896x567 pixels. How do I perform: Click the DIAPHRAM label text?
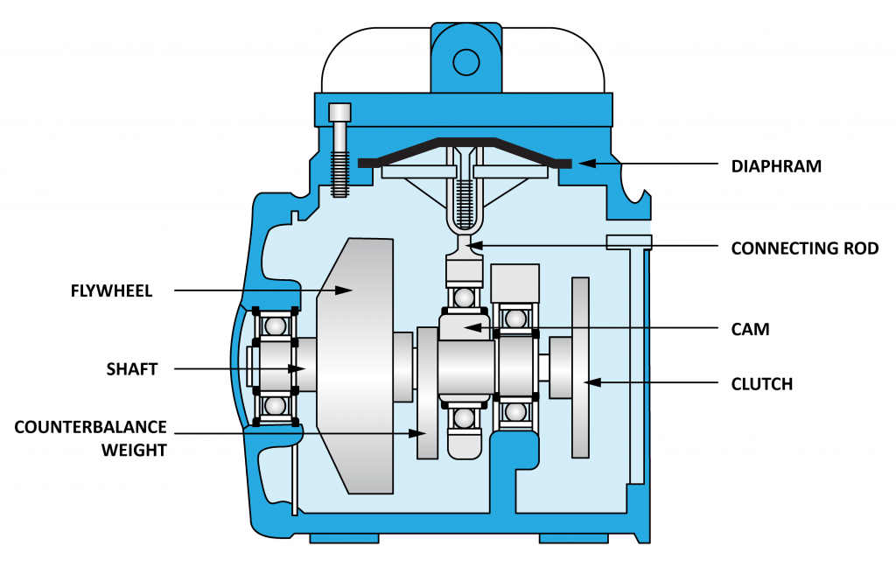point(776,165)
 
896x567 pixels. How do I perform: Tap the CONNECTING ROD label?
point(804,248)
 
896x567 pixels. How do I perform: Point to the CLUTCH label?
point(761,383)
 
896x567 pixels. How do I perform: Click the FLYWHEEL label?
point(112,291)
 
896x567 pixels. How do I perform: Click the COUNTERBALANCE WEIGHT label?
point(90,437)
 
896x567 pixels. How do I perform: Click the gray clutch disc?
point(580,367)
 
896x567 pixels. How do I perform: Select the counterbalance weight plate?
point(427,394)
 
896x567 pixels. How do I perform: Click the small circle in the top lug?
point(465,60)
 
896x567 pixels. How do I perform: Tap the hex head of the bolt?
point(339,113)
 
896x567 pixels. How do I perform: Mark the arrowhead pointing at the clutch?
point(591,382)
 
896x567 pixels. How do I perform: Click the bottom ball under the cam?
point(464,419)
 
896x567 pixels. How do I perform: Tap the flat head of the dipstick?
point(629,241)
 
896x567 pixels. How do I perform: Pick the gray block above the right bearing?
point(514,283)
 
